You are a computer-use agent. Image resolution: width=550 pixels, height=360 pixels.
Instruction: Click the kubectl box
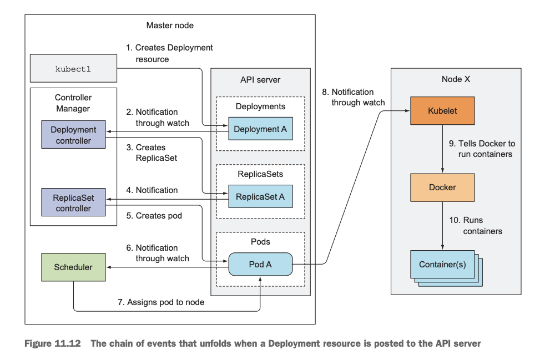click(x=73, y=69)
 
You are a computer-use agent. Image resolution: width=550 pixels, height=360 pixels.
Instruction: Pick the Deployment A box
click(x=260, y=129)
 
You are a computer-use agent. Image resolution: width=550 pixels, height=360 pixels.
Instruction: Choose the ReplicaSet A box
click(x=260, y=196)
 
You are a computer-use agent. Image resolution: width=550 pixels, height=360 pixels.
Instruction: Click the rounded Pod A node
click(x=260, y=264)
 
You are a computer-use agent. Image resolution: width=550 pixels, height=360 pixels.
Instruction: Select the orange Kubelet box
click(x=442, y=110)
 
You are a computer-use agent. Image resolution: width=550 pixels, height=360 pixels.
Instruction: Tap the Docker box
click(x=442, y=187)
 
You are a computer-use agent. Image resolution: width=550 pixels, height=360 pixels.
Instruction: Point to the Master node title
click(x=170, y=26)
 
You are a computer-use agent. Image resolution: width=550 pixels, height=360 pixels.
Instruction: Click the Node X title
click(x=456, y=79)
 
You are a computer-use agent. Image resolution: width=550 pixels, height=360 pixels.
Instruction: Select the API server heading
click(x=260, y=79)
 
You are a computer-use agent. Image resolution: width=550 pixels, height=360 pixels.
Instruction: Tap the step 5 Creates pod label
click(x=159, y=215)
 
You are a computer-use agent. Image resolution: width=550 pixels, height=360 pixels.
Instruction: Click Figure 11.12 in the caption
click(x=53, y=343)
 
